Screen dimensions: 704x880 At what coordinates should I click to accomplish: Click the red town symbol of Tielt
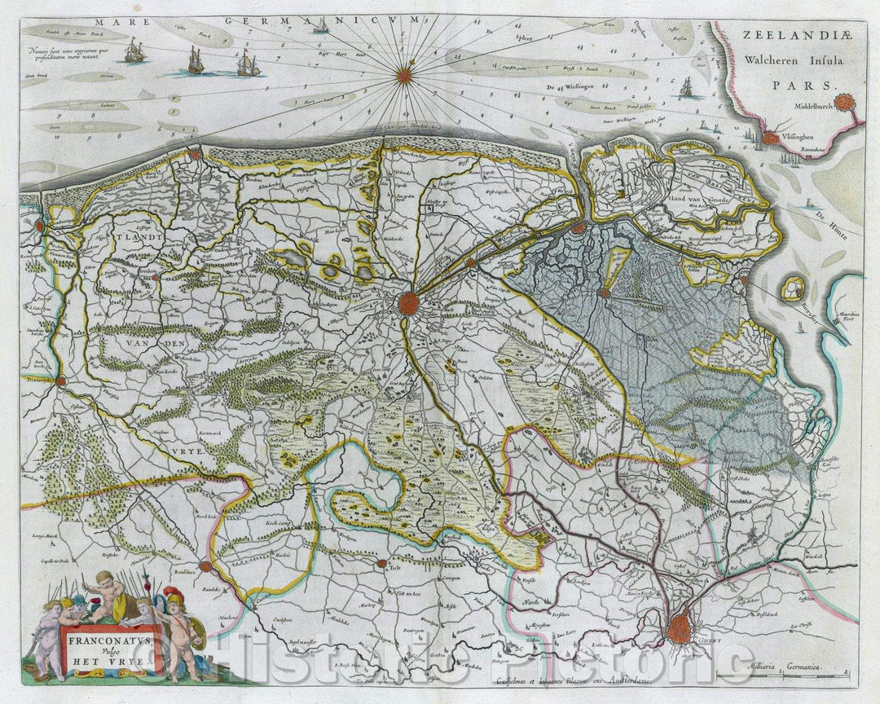tap(381, 562)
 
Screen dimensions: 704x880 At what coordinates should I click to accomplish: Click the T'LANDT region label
tap(139, 239)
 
